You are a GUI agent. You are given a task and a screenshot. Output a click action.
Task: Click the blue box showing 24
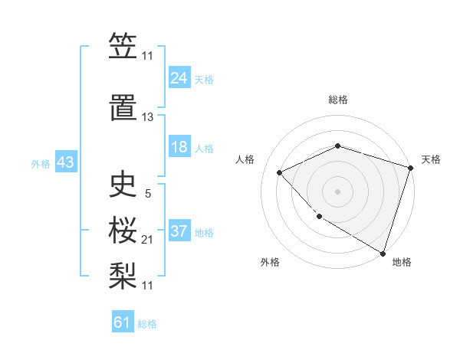coord(179,77)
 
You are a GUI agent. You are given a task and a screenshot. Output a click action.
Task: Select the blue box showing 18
coord(179,147)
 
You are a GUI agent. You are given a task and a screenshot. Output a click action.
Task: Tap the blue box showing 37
coord(179,231)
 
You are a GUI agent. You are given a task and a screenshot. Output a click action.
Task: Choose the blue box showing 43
coord(64,163)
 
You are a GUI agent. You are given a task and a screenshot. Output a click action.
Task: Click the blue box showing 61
coord(123,322)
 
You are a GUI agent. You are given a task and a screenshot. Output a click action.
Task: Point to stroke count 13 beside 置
coord(148,117)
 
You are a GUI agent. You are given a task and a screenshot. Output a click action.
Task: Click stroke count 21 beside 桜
coord(148,240)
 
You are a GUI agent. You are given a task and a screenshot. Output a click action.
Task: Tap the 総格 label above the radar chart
coord(338,100)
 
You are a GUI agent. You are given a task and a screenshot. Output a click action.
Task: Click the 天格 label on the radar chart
coord(431,159)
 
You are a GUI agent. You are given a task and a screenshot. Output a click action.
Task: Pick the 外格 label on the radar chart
coord(270,262)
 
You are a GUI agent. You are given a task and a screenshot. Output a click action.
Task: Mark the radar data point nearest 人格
coord(280,172)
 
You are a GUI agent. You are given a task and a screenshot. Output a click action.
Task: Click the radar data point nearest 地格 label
coord(383,252)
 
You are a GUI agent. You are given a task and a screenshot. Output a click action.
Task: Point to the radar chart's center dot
coord(337,191)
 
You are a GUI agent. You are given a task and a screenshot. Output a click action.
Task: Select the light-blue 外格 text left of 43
coord(41,163)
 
